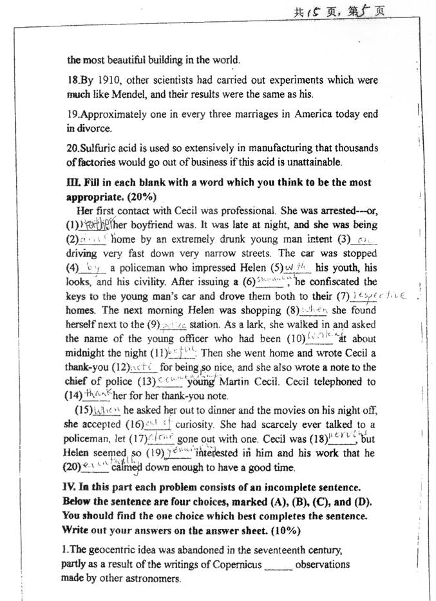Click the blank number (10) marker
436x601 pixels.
tap(289, 338)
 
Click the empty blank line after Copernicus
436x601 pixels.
tap(278, 566)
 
